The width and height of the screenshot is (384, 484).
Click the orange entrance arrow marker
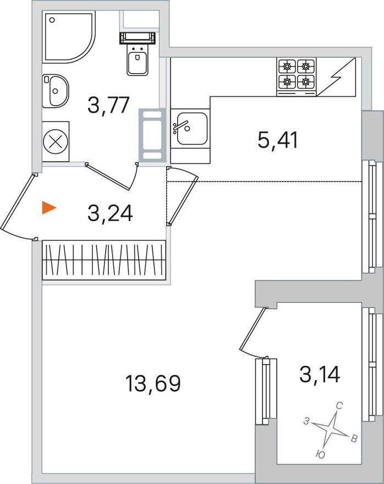pyautogui.click(x=48, y=207)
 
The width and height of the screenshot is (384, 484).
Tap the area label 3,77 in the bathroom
pyautogui.click(x=108, y=105)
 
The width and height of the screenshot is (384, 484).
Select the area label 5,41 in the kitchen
pyautogui.click(x=278, y=140)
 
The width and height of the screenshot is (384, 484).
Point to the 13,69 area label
pyautogui.click(x=153, y=383)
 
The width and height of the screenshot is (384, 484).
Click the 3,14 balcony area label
pyautogui.click(x=320, y=374)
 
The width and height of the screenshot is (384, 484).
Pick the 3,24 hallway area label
pyautogui.click(x=110, y=213)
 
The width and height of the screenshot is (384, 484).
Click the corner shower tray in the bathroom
pyautogui.click(x=69, y=36)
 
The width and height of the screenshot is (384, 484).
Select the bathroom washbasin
pyautogui.click(x=55, y=91)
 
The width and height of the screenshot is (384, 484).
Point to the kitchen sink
pyautogui.click(x=190, y=128)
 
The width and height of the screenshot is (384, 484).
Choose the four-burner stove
pyautogui.click(x=297, y=77)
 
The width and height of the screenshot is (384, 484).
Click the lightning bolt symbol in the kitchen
pyautogui.click(x=336, y=77)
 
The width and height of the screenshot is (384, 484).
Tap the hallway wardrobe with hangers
pyautogui.click(x=104, y=260)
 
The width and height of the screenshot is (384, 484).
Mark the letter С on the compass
pyautogui.click(x=339, y=406)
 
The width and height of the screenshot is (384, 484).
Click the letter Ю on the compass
pyautogui.click(x=321, y=454)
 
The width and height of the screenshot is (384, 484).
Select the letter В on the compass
pyautogui.click(x=354, y=439)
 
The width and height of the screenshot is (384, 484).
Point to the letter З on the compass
pyautogui.click(x=306, y=421)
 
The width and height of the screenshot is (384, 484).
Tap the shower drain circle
pyautogui.click(x=52, y=20)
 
